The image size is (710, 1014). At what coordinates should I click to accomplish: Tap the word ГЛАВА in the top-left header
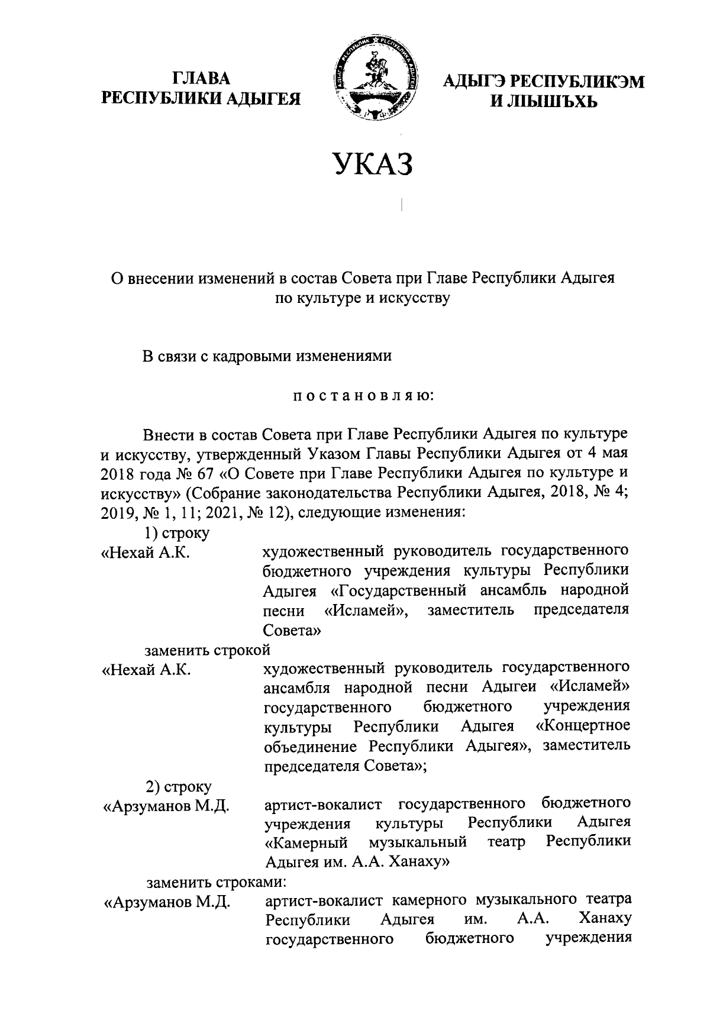[201, 79]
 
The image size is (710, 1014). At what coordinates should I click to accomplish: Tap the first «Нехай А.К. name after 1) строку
[146, 553]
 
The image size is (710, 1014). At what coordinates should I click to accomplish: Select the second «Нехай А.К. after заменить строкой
[146, 669]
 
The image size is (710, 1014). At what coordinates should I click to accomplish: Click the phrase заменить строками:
[217, 882]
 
